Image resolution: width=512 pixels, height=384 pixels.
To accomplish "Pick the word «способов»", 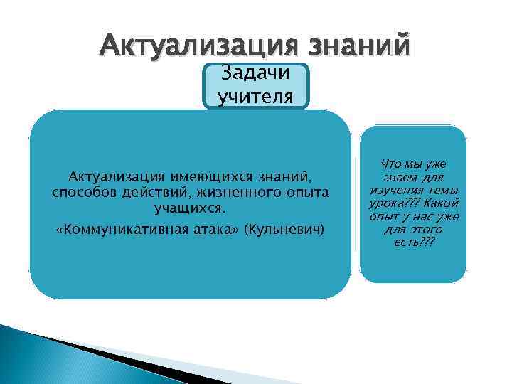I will [x=80, y=193].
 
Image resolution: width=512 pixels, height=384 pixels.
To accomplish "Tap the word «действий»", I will [x=143, y=193].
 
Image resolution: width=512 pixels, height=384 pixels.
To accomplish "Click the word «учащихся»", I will [x=190, y=210].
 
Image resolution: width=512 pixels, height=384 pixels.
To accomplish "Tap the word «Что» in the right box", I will [x=392, y=164].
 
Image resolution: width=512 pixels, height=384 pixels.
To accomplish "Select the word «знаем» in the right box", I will [x=400, y=176].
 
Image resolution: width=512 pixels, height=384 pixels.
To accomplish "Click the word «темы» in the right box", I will [x=444, y=190].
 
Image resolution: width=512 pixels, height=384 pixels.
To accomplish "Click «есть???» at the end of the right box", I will [x=413, y=242].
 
